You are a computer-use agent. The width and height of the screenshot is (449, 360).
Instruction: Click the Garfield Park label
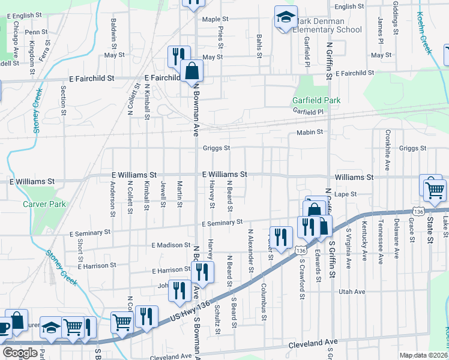click(x=316, y=100)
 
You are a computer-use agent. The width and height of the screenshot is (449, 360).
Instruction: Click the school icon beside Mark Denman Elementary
click(x=286, y=18)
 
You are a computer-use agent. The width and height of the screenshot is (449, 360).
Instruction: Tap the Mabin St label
click(x=310, y=132)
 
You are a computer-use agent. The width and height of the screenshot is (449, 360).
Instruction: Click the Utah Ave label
click(x=352, y=292)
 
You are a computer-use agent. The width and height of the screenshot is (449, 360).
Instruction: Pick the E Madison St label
click(x=170, y=245)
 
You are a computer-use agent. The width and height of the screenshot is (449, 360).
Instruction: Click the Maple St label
click(x=215, y=20)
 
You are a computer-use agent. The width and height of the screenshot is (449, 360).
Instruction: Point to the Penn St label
click(x=36, y=32)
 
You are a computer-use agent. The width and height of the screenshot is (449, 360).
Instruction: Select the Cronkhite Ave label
click(x=388, y=150)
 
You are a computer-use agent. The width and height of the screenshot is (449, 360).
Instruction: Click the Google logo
click(x=19, y=353)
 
